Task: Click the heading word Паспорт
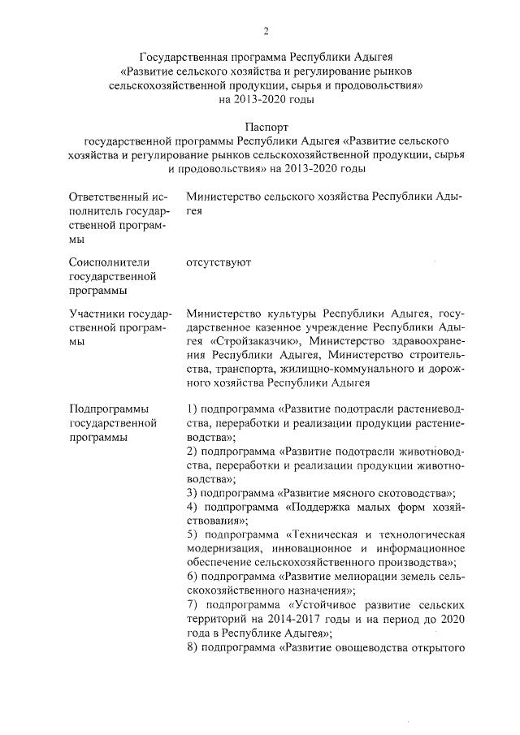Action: point(266,127)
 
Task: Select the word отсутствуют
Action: point(219,262)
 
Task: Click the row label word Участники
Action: point(95,313)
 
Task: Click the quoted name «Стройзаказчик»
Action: point(244,339)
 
